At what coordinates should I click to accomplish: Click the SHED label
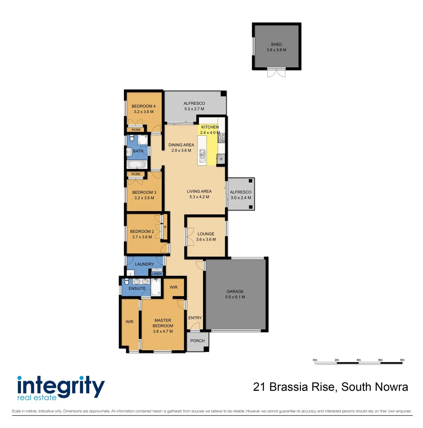pos(277,44)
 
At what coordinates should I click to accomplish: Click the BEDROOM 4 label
pos(144,106)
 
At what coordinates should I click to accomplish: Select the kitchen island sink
pos(203,155)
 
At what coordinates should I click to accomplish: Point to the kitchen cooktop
pos(222,138)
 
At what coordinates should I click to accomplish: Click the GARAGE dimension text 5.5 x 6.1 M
pos(235,297)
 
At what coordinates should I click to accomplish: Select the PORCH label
pos(197,341)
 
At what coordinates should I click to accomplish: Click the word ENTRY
pos(195,318)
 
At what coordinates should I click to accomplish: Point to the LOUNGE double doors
pos(186,237)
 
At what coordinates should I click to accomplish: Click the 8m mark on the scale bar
pos(402,360)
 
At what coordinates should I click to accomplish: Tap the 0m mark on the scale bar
pos(315,360)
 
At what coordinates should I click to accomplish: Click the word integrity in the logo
pos(61,384)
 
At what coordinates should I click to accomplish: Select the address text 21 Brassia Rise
pos(294,387)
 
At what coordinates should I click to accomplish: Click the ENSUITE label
pos(137,289)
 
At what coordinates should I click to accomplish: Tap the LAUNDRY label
pos(144,264)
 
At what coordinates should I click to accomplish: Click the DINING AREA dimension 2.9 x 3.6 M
pos(181,151)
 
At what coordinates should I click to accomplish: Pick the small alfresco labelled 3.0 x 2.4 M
pos(241,195)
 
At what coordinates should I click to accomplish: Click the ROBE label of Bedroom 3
pos(136,174)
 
